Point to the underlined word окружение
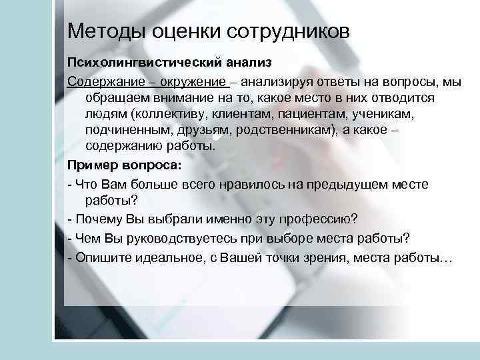(194, 82)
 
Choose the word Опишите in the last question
(101, 257)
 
